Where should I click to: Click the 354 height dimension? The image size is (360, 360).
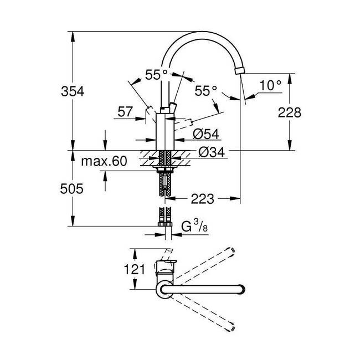click(72, 92)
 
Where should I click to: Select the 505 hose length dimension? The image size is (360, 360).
click(72, 189)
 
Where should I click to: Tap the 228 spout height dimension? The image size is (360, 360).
click(290, 112)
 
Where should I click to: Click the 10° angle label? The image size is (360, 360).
click(271, 85)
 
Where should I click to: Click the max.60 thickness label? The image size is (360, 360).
click(104, 162)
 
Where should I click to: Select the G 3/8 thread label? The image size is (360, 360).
click(193, 227)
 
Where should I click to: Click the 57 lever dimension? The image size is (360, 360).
click(125, 112)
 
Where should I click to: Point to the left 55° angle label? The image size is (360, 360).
click(156, 74)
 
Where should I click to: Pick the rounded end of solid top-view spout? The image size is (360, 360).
click(240, 288)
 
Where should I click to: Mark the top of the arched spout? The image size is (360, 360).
click(202, 34)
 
